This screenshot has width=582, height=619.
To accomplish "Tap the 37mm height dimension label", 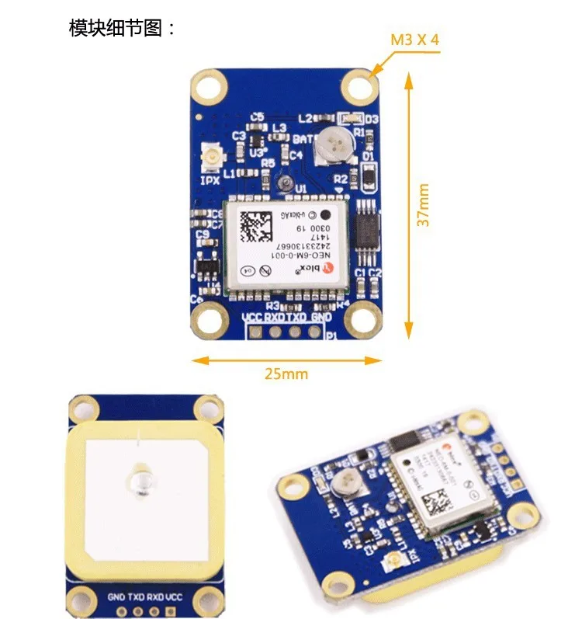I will click(x=424, y=204).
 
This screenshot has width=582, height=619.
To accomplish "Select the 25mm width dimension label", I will click(x=286, y=374).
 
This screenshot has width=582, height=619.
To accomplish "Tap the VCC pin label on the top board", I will click(x=252, y=317).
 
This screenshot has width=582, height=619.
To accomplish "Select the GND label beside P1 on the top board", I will click(x=320, y=317).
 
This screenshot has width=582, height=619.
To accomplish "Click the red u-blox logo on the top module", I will click(x=327, y=267).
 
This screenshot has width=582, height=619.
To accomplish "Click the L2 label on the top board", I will click(x=304, y=118).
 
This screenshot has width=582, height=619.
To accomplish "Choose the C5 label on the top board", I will click(x=256, y=117).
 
